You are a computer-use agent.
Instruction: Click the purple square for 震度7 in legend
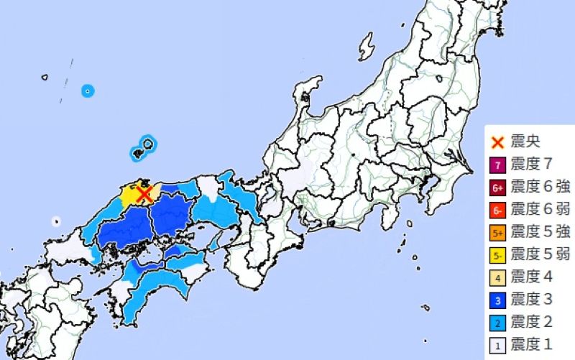[x=497, y=164]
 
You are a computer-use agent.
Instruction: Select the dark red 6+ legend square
[x=497, y=187]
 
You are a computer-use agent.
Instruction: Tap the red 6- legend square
[x=497, y=210]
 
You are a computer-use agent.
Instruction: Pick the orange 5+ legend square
[x=497, y=232]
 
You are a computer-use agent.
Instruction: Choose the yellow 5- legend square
[x=497, y=254]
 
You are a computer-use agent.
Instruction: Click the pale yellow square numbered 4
[x=497, y=277]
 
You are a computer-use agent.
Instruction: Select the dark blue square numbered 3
[x=497, y=300]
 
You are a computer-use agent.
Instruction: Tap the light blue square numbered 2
[x=497, y=323]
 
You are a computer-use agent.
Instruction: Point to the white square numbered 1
[x=497, y=345]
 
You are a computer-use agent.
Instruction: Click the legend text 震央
[x=525, y=142]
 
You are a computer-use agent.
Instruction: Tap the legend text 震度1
[x=532, y=345]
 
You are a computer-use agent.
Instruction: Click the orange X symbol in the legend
[x=497, y=142]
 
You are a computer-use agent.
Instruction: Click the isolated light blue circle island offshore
[x=88, y=91]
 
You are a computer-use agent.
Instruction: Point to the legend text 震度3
[x=532, y=300]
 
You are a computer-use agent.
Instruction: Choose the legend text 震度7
[x=532, y=164]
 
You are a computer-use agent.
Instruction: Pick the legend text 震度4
[x=532, y=277]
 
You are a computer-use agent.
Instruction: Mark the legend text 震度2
[x=532, y=323]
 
